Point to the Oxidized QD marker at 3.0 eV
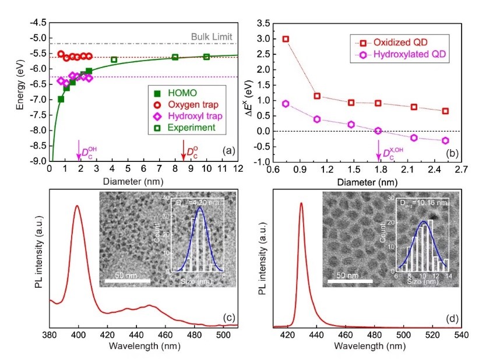[286, 39]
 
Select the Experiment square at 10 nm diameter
[206, 57]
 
